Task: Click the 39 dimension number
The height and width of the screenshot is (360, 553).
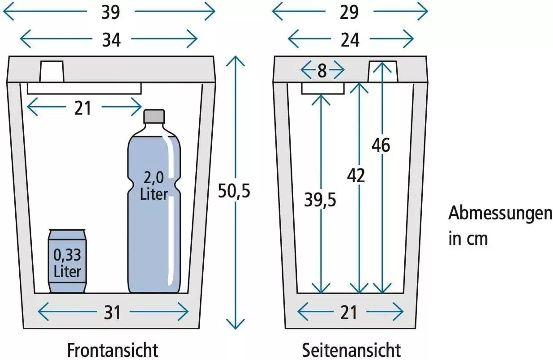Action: click(x=111, y=12)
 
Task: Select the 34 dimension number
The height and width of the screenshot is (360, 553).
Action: click(x=111, y=40)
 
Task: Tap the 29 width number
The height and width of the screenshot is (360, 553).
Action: click(x=349, y=12)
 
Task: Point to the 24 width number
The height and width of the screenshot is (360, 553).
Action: click(x=350, y=40)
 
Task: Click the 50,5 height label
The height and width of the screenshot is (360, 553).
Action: click(x=234, y=191)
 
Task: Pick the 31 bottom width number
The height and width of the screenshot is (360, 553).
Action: click(x=112, y=313)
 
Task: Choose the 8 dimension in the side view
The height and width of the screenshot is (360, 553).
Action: click(x=322, y=71)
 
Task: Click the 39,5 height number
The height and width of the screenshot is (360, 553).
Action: click(x=320, y=200)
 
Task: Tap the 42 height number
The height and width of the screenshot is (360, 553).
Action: click(x=356, y=176)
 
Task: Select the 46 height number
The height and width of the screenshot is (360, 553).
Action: click(x=381, y=145)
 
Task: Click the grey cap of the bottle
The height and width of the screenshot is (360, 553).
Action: click(x=154, y=116)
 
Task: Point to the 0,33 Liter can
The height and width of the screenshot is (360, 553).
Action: click(x=67, y=261)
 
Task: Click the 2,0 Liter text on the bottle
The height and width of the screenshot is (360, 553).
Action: click(x=154, y=186)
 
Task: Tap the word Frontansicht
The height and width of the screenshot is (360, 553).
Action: click(x=112, y=350)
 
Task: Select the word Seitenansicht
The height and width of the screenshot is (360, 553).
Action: click(x=352, y=350)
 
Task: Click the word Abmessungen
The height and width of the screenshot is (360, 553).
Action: click(x=500, y=214)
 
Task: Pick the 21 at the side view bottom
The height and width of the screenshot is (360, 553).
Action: click(x=348, y=313)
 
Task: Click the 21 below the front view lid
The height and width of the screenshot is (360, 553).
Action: click(x=83, y=108)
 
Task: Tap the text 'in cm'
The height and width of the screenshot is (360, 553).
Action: click(x=468, y=239)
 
